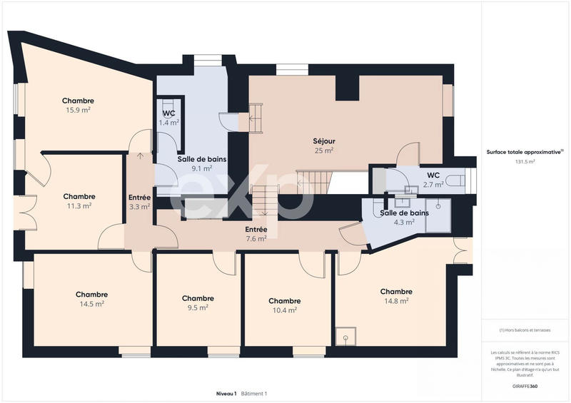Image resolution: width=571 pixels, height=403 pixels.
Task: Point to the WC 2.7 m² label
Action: [433, 180]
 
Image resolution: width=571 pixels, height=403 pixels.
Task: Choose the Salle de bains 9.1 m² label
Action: [202, 164]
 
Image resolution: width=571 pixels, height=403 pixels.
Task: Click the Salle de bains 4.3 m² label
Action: [404, 218]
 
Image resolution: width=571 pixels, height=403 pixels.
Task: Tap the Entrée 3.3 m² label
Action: [139, 202]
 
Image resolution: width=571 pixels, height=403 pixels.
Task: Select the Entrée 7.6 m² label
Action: [256, 234]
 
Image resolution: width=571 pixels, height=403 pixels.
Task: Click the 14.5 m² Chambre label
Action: [91, 299]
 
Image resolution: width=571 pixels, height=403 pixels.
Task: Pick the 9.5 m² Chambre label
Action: [198, 303]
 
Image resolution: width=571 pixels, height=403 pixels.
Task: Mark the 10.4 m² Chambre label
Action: [284, 305]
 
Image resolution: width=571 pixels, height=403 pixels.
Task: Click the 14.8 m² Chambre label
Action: [395, 296]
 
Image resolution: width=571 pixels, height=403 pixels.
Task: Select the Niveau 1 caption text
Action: [226, 394]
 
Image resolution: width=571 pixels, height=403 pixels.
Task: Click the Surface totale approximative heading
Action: [522, 152]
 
